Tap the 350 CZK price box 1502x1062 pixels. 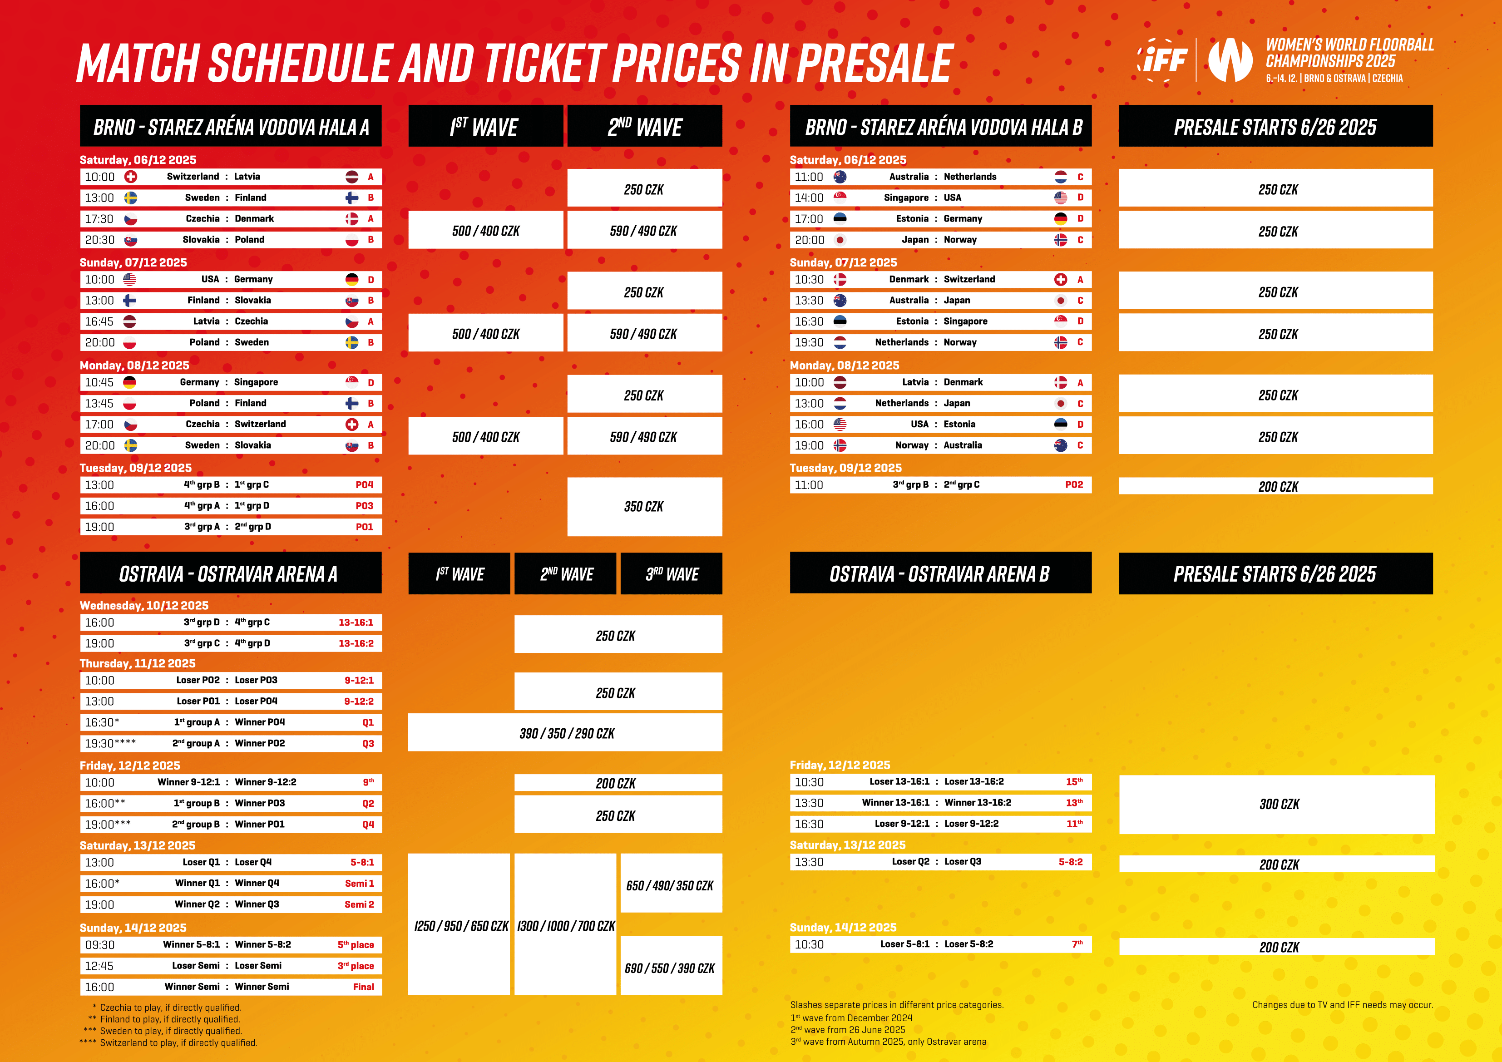tap(644, 506)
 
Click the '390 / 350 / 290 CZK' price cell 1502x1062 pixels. tap(565, 733)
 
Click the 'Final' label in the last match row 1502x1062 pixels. tap(364, 987)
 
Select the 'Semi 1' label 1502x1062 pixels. tap(360, 884)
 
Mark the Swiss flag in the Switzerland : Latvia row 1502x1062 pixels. tap(131, 177)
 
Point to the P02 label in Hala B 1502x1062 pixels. tap(1074, 485)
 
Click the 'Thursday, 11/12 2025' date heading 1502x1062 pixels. tap(138, 663)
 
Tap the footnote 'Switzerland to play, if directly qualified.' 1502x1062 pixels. tap(178, 1042)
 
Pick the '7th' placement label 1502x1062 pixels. tap(1077, 943)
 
